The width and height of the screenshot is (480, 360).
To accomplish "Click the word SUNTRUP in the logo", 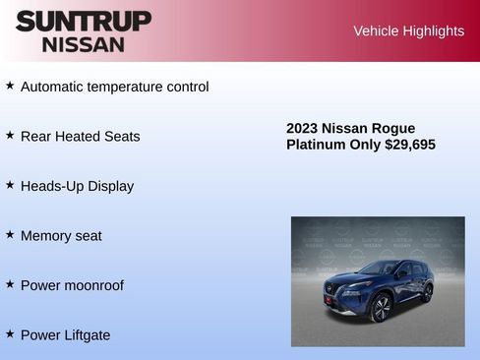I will click(x=84, y=21).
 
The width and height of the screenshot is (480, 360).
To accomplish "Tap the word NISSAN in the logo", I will click(x=84, y=44).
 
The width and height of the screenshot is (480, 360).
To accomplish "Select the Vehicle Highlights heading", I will click(x=408, y=31).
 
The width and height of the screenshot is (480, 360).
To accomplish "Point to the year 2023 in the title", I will click(x=302, y=129).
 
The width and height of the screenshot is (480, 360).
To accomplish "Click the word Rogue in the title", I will click(x=394, y=129).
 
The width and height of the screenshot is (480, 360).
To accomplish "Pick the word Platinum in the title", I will click(x=316, y=145).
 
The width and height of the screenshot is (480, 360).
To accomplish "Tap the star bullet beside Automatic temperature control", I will click(x=10, y=86).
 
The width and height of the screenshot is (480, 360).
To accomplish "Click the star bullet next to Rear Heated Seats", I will click(x=10, y=135).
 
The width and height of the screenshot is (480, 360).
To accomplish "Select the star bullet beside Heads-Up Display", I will click(x=10, y=185).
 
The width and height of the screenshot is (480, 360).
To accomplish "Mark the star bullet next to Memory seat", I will click(x=10, y=234).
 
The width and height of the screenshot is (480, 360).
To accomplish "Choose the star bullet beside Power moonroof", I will click(x=10, y=284).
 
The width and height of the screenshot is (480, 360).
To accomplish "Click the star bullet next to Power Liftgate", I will click(x=10, y=333).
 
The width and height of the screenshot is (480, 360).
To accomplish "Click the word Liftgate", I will click(x=85, y=335).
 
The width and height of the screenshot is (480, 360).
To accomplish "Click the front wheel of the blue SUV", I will click(x=381, y=307).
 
